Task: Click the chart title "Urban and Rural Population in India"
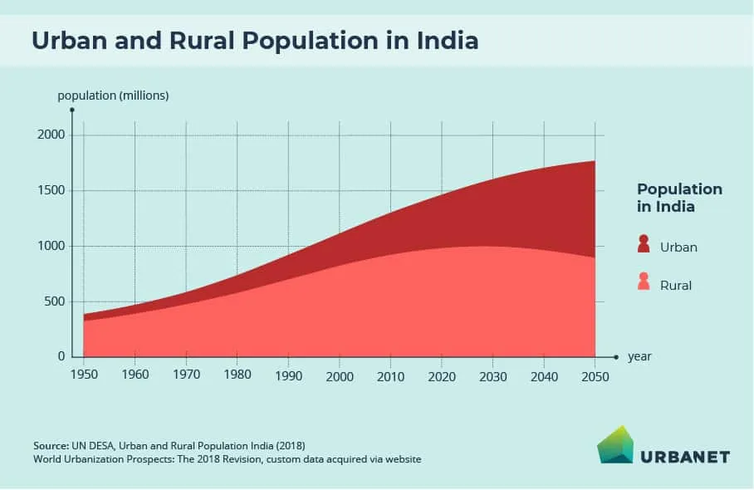click(x=255, y=40)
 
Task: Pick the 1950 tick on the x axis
click(x=84, y=375)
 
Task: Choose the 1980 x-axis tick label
click(x=237, y=375)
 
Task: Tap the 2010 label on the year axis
click(x=390, y=375)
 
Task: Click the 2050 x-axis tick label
click(x=595, y=375)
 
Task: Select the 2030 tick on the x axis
click(x=492, y=375)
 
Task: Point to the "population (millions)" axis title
click(x=113, y=96)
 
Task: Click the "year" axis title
click(x=639, y=356)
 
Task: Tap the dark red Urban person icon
click(x=644, y=244)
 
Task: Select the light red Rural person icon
click(x=644, y=282)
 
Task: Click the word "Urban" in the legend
click(x=678, y=247)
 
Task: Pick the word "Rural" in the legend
click(x=676, y=285)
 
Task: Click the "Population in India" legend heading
click(x=679, y=198)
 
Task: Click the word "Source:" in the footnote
click(x=51, y=445)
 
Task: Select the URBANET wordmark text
click(x=685, y=456)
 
